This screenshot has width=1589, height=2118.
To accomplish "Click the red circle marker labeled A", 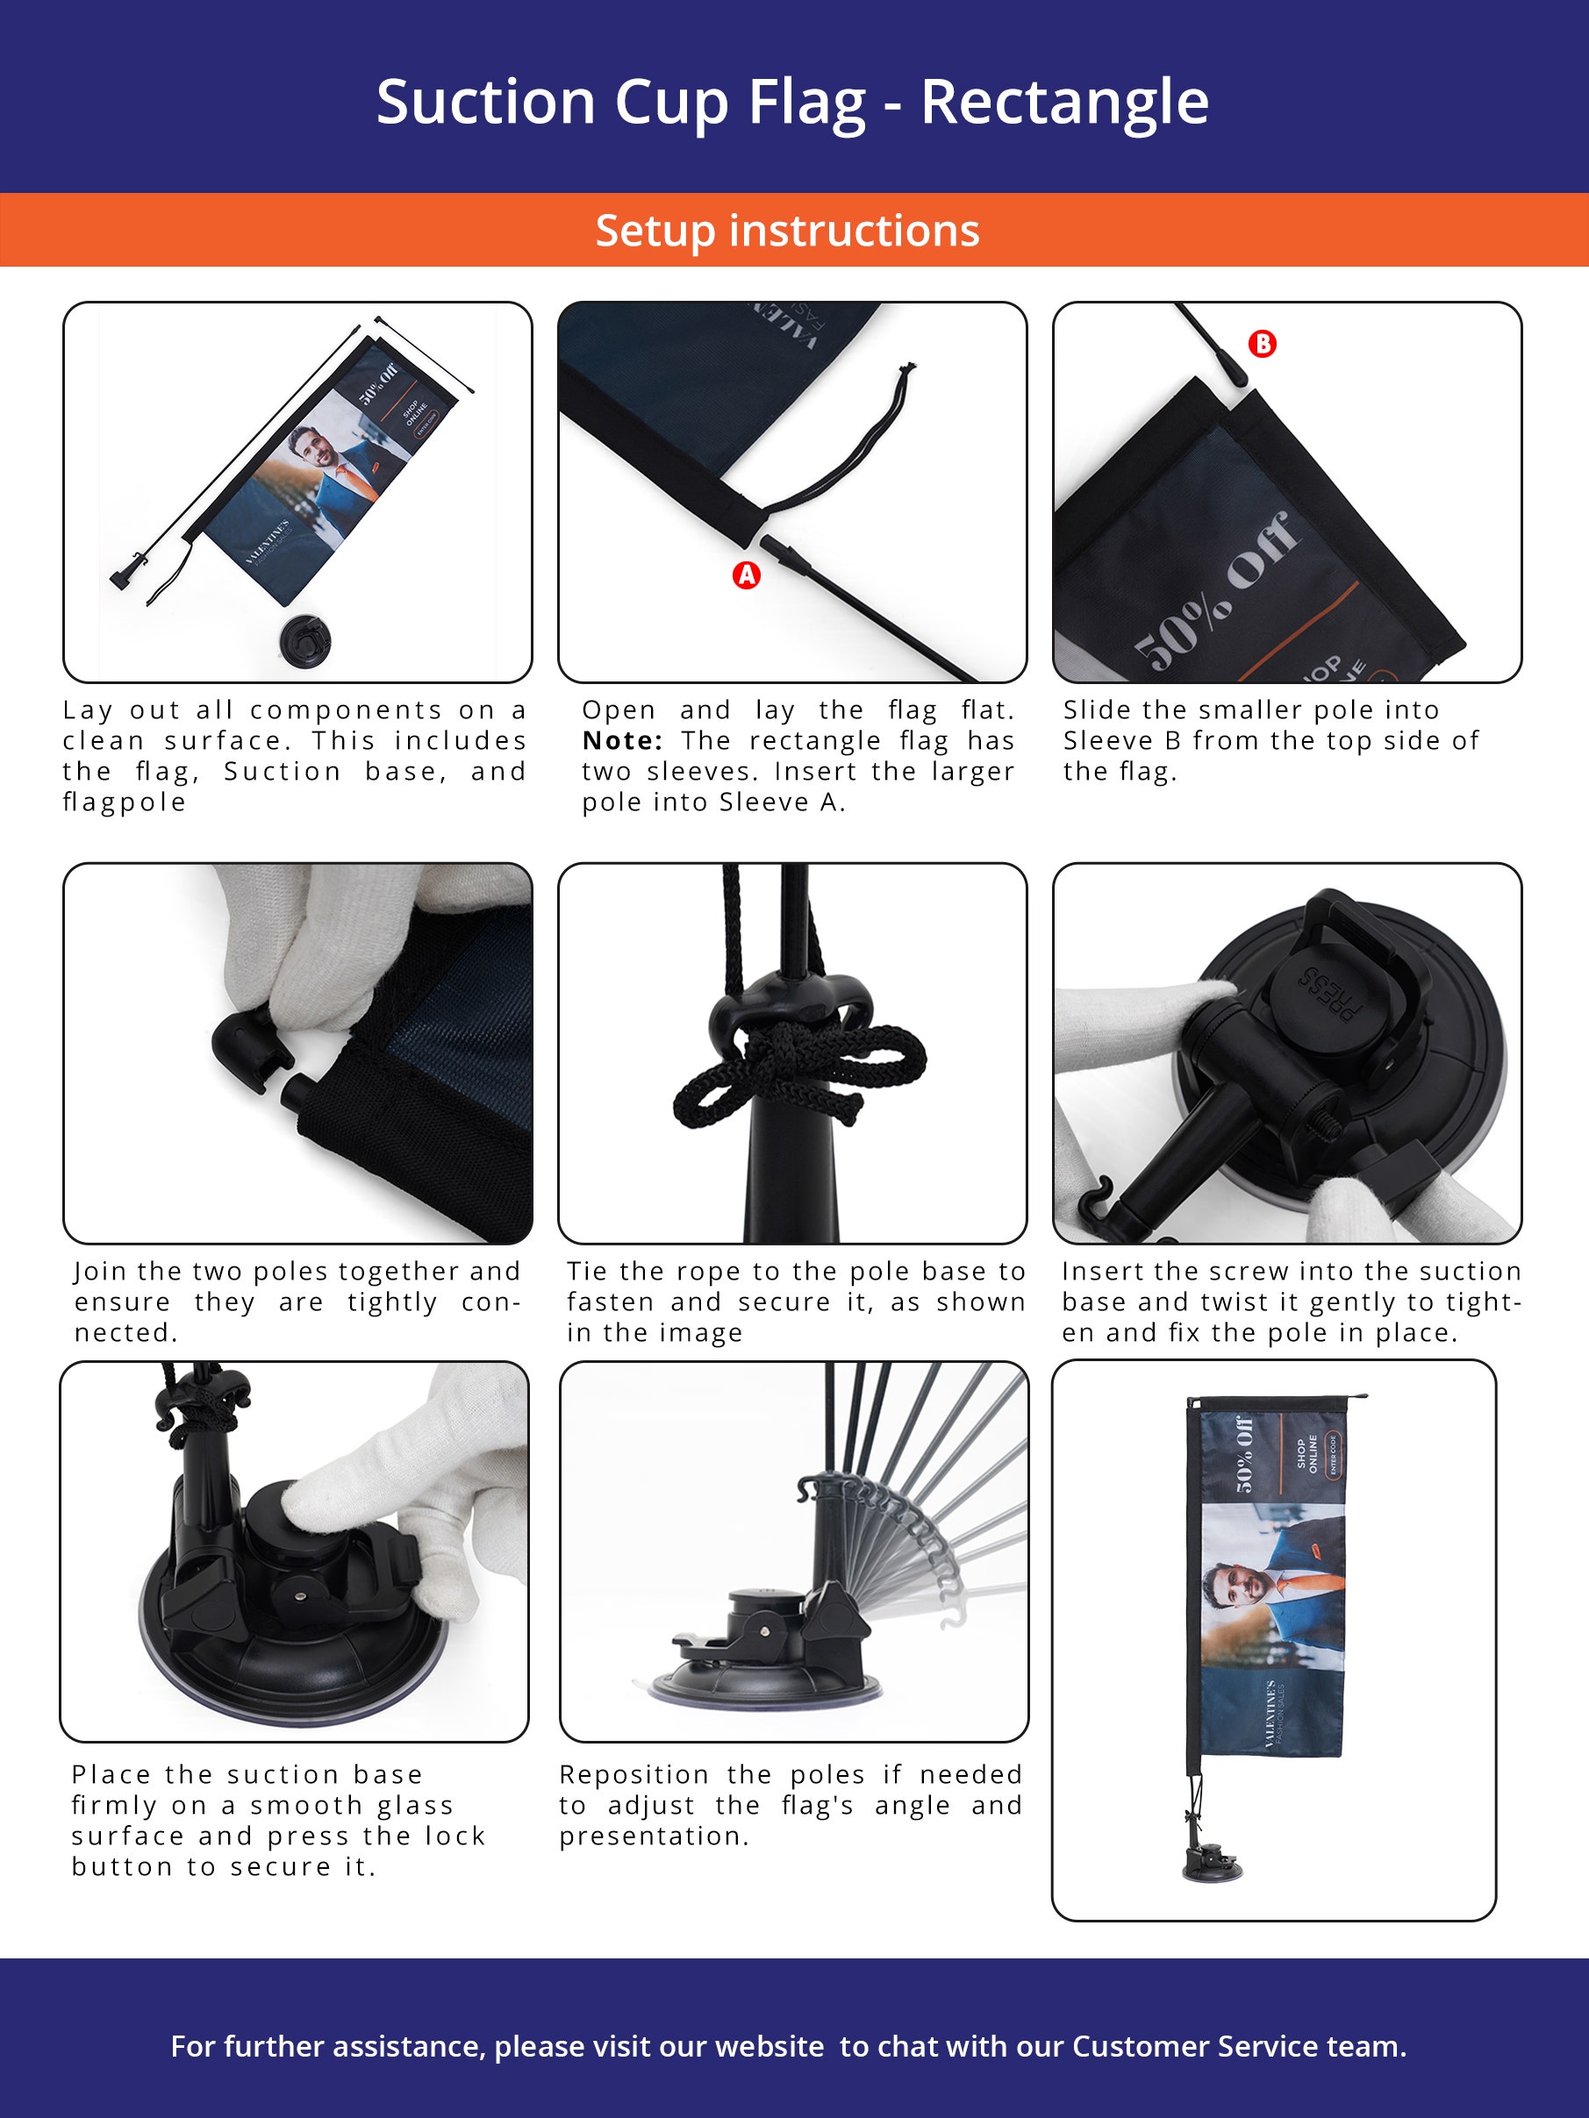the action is click(746, 574).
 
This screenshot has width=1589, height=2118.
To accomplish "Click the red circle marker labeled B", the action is click(1263, 344).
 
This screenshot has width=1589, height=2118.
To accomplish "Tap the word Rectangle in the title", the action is click(1064, 102).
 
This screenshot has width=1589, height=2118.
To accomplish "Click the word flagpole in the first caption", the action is click(125, 802).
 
